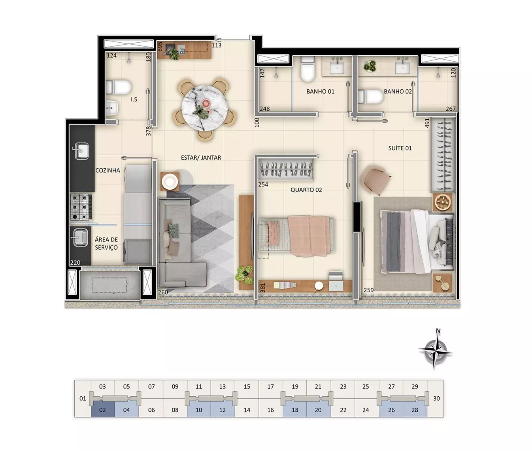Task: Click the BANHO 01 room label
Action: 320,91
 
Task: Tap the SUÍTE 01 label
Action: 400,148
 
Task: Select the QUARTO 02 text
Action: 306,190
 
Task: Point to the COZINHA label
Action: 108,170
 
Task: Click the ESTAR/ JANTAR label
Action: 201,157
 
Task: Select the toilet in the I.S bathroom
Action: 119,87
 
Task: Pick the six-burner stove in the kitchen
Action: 81,207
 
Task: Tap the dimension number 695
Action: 160,47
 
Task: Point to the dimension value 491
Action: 427,123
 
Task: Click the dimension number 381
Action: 262,288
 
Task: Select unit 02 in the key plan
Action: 102,410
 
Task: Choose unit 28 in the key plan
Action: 415,410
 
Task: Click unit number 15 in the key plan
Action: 247,386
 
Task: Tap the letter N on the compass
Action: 438,331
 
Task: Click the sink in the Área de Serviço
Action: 80,237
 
